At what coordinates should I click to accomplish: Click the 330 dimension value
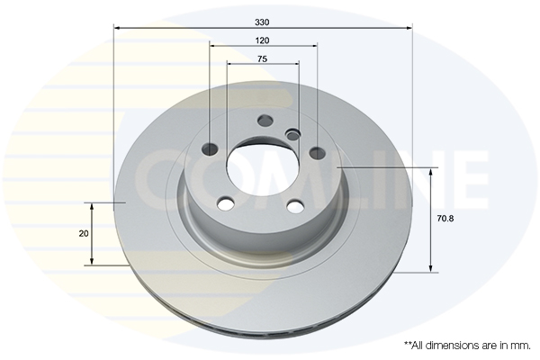pyautogui.click(x=262, y=22)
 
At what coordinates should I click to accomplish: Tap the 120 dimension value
pyautogui.click(x=262, y=40)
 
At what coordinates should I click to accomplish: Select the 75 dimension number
pyautogui.click(x=262, y=59)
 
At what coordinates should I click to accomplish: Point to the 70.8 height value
pyautogui.click(x=445, y=219)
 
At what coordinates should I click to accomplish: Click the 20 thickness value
pyautogui.click(x=84, y=234)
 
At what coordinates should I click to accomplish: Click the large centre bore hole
pyautogui.click(x=263, y=167)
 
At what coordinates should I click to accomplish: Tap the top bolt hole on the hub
pyautogui.click(x=265, y=121)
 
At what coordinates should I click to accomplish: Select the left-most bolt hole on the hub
pyautogui.click(x=211, y=149)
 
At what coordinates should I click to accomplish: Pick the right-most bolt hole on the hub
pyautogui.click(x=318, y=153)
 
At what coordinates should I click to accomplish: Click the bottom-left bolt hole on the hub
pyautogui.click(x=226, y=203)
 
